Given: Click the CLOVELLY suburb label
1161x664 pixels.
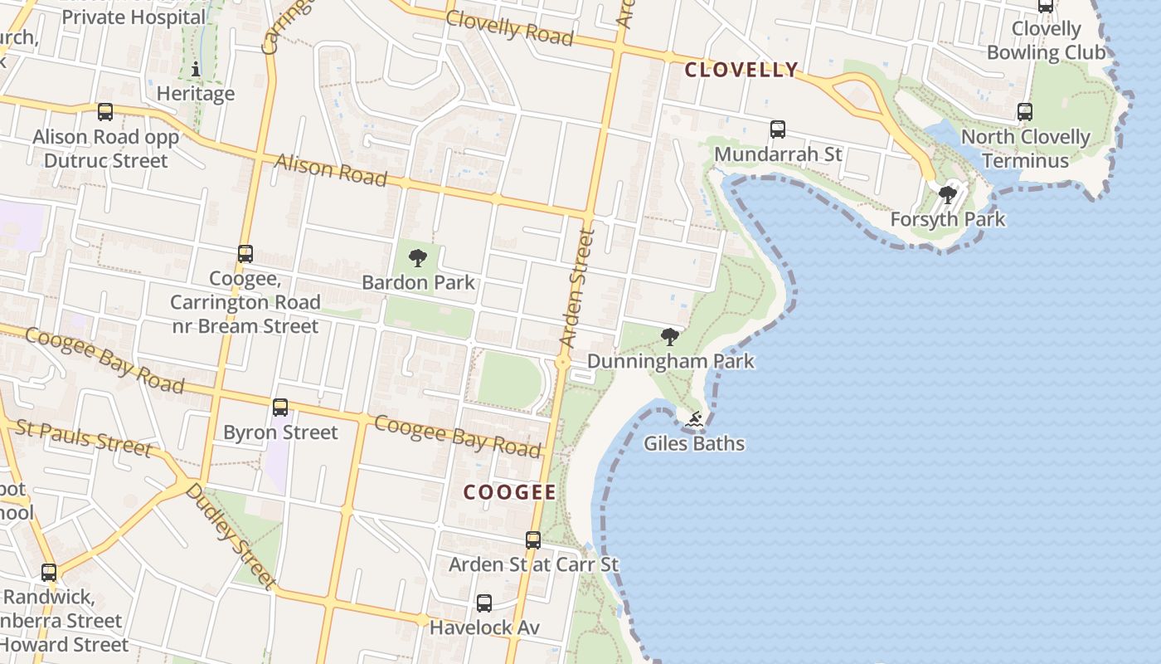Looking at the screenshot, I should [741, 70].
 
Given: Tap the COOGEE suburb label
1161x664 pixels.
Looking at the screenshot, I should [509, 492].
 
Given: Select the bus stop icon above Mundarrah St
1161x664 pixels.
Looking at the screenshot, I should [777, 129].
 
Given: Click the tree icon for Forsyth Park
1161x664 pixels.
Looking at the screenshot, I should [947, 195].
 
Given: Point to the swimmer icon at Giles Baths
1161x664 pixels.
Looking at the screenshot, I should [694, 420].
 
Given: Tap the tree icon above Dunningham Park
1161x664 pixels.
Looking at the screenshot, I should [670, 337].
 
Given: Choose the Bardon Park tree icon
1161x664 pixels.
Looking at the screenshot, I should [418, 257].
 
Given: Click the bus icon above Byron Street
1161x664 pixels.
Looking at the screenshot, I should [280, 408].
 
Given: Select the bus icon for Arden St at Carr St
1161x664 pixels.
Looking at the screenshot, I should [533, 540].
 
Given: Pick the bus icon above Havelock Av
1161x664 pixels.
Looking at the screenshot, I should [484, 603].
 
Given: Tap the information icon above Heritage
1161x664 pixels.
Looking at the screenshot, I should [196, 69].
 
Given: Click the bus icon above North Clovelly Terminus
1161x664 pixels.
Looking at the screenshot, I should [1025, 112].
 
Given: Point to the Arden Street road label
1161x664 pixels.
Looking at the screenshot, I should [578, 288].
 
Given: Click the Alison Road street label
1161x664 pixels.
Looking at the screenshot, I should [331, 169].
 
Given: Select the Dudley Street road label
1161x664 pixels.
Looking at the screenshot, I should [230, 536].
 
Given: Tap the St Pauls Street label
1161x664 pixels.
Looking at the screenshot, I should [83, 437].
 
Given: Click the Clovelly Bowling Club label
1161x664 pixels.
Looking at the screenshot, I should [1046, 41].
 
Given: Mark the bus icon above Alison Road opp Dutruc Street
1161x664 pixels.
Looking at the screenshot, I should [105, 112].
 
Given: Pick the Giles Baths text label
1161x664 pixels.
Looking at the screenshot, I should [694, 444].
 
